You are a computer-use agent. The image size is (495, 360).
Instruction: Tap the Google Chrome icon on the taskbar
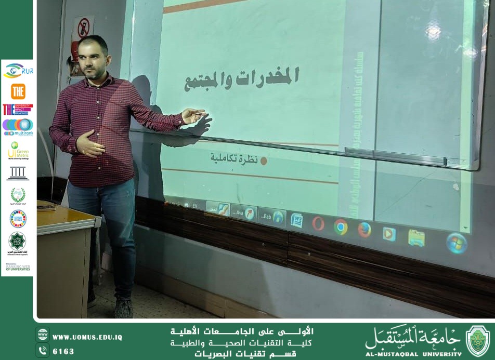tap(341, 226)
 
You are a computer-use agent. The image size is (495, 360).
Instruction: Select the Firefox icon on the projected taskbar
tap(364, 229)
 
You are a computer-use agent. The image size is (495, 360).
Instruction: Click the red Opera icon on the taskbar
tap(318, 223)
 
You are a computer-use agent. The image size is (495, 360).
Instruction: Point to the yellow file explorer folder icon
tap(416, 237)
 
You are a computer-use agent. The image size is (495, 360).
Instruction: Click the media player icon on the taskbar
tap(389, 234)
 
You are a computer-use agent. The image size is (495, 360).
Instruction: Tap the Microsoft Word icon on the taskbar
tap(297, 220)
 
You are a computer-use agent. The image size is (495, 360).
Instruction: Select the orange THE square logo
tap(18, 91)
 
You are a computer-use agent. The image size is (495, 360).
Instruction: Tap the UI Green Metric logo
tap(18, 151)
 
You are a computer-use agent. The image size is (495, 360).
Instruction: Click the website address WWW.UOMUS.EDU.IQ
tap(87, 337)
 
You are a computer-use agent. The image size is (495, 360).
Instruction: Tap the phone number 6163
tap(63, 352)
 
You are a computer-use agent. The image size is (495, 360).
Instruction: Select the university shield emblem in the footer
tap(477, 341)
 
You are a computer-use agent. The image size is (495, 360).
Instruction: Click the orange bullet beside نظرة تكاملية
tap(263, 161)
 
